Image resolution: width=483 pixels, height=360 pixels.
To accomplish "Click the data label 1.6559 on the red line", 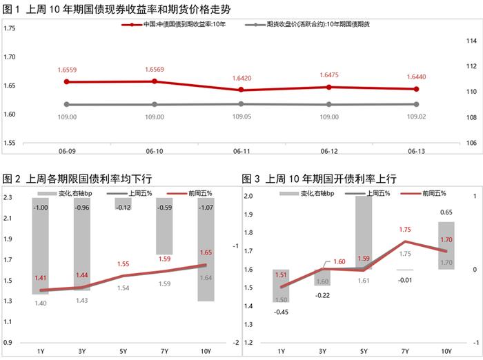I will [66, 70].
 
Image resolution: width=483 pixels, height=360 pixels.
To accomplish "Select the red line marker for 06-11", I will [241, 90].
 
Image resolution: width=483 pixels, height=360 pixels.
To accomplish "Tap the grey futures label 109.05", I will [241, 117].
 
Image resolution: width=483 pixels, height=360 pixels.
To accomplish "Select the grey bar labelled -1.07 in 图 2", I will [205, 250].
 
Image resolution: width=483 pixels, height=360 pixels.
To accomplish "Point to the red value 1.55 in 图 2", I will [124, 264].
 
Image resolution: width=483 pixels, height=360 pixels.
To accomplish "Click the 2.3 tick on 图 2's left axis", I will [8, 198].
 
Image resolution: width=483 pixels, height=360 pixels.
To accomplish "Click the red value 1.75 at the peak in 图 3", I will [404, 230].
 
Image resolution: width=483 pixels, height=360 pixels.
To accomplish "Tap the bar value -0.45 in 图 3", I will [282, 310].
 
